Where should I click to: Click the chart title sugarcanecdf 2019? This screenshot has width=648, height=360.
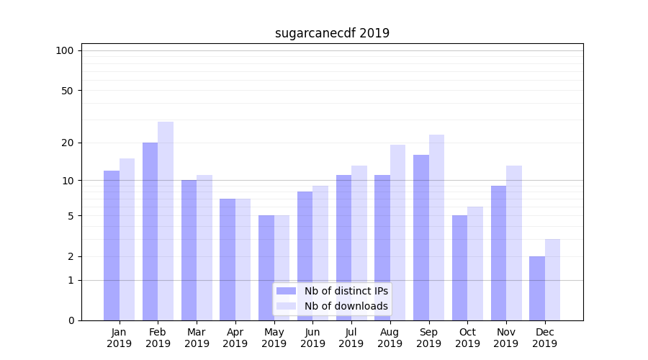(x=332, y=33)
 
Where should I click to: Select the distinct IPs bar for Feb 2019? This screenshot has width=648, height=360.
(x=150, y=230)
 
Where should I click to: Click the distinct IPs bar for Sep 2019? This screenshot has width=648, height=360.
(x=421, y=237)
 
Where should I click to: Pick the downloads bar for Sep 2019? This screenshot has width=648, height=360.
(x=436, y=227)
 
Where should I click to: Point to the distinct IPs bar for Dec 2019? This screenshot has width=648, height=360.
(x=537, y=288)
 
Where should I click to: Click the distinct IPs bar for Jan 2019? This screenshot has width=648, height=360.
(x=112, y=245)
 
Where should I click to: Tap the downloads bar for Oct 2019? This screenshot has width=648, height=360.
(x=475, y=263)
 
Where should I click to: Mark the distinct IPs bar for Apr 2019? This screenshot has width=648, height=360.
(x=228, y=259)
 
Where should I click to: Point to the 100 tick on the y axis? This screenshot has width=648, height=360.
(x=65, y=50)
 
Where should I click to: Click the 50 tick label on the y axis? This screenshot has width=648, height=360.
(x=68, y=91)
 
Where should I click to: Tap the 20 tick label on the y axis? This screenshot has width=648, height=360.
(x=68, y=143)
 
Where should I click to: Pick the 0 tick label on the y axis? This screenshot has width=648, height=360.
(x=71, y=320)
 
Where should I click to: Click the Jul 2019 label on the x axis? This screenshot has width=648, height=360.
(x=351, y=338)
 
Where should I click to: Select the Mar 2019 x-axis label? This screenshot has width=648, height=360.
(x=197, y=338)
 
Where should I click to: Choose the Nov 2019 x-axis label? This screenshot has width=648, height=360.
(x=506, y=338)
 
